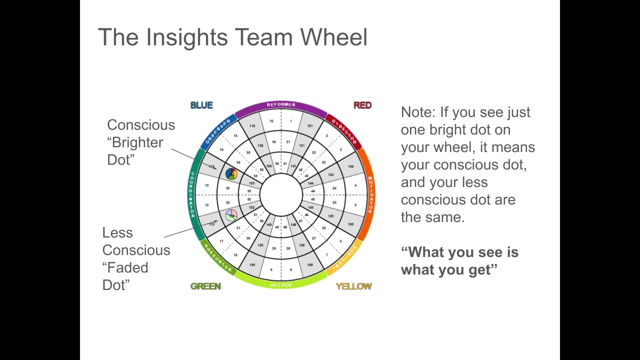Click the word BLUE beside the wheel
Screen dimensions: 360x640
click(201, 105)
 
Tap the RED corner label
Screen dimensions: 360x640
click(362, 105)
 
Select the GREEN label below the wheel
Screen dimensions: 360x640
click(205, 286)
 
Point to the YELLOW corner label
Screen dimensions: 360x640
click(353, 286)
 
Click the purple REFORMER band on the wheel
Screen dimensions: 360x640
click(280, 105)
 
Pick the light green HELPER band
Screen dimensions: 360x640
click(280, 284)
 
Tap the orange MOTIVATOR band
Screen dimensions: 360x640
click(370, 194)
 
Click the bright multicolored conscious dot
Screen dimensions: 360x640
click(231, 173)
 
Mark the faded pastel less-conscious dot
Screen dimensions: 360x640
click(231, 215)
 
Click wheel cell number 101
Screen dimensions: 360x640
click(309, 126)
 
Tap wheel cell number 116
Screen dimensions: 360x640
click(252, 126)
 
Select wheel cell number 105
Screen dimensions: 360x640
click(350, 224)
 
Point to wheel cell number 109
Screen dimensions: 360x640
click(252, 264)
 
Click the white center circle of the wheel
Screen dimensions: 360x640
click(280, 195)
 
